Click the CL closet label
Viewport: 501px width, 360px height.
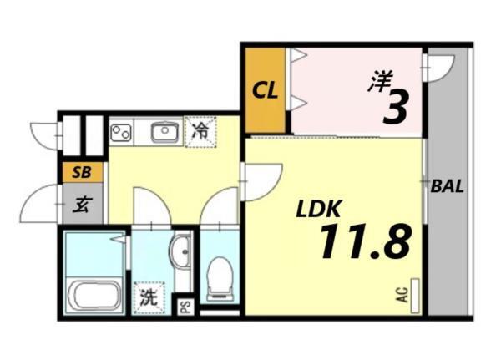click(266, 89)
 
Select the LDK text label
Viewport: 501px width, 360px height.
click(316, 208)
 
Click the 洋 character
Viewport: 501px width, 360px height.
click(381, 82)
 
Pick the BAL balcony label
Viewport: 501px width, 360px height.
click(448, 185)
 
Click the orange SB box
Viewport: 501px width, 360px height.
click(82, 173)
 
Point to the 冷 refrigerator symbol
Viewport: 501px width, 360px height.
click(200, 131)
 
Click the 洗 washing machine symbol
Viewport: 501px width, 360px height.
click(148, 296)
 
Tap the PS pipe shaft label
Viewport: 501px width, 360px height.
click(185, 307)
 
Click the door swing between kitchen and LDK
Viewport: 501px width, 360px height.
click(260, 179)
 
